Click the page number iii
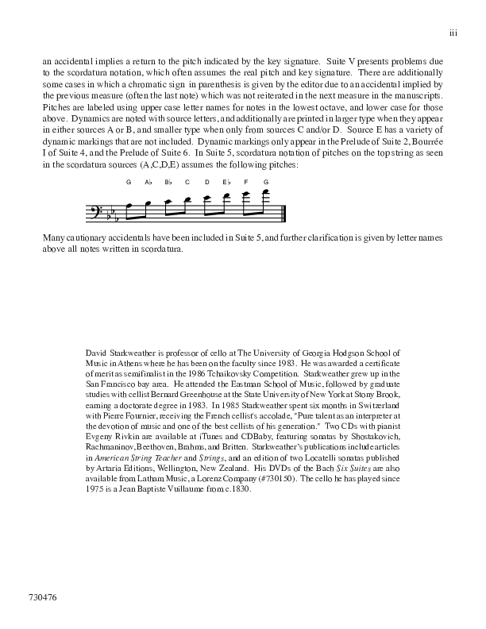pos(453,33)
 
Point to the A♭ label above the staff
pos(148,182)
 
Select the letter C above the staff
pos(187,182)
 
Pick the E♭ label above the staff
pos(226,182)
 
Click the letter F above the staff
pos(246,182)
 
